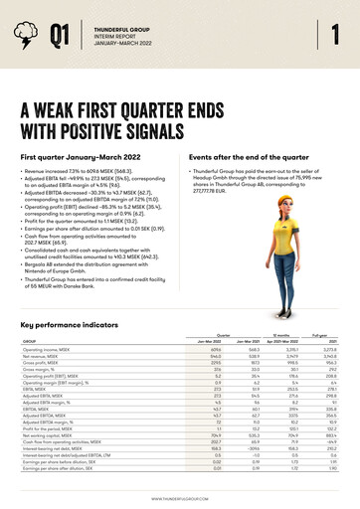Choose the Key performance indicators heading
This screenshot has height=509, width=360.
(x=75, y=324)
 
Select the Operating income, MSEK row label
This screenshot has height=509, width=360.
(x=47, y=349)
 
